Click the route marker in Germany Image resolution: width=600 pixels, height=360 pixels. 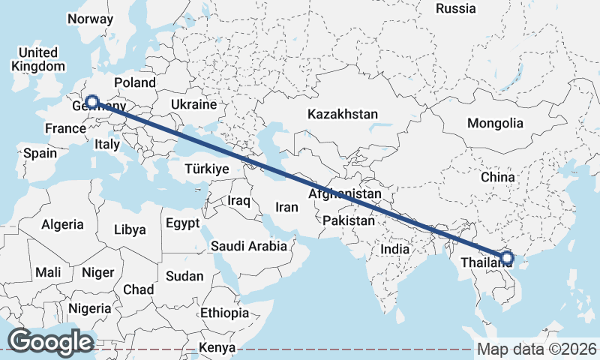tap(92, 101)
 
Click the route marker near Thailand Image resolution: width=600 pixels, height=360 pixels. tap(507, 258)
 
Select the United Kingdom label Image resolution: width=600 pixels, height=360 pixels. tap(37, 59)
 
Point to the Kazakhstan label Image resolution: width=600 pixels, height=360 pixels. tap(341, 115)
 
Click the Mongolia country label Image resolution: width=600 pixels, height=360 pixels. tap(494, 123)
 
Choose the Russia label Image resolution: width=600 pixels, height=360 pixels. tap(455, 9)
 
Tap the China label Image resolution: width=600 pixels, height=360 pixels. tap(499, 177)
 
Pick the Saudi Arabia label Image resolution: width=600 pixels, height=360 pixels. tap(248, 245)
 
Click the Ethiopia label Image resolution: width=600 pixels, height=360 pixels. tap(224, 312)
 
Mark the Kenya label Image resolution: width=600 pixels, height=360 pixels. tap(217, 348)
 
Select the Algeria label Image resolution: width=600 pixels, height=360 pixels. tap(63, 224)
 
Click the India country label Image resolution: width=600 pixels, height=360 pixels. tap(394, 249)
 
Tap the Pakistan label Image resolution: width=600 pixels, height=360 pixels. tap(349, 220)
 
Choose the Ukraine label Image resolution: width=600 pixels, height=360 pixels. tap(193, 104)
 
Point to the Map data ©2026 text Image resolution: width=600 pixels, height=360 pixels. tap(537, 349)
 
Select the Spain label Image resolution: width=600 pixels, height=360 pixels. tap(40, 153)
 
